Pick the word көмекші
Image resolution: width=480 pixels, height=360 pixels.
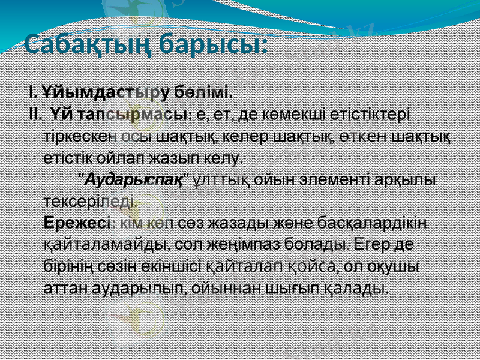tap(271, 113)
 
